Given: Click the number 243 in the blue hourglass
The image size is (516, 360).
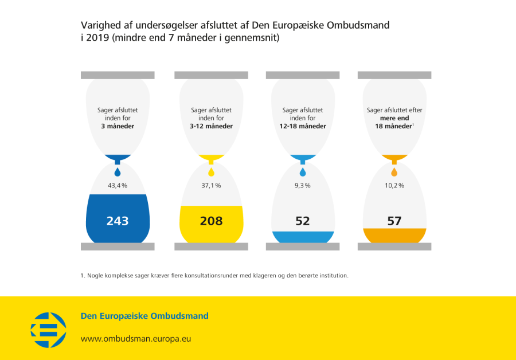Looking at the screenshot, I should pos(118,221).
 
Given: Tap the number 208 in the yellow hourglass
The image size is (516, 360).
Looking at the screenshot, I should pos(211,221).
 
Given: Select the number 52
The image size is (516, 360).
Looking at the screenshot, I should pos(303,221).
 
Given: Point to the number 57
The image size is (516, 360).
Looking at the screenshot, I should pos(394,221).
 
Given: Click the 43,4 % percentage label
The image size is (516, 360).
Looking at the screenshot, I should pos(118,186).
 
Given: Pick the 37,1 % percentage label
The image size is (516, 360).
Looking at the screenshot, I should pos(211,186).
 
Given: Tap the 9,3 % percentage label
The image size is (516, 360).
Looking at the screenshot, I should pos(303,186).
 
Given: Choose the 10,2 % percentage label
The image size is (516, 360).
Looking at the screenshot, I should pos(394,186).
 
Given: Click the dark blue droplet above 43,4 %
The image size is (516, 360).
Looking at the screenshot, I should pos(118,171).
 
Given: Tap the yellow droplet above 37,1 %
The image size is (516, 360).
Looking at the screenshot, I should pos(211,171).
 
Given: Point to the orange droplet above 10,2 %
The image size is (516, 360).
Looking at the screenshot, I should pos(394,171).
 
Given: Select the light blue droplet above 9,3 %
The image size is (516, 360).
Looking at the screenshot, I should pos(303,171).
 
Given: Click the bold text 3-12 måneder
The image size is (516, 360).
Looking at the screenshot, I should pos(211,126).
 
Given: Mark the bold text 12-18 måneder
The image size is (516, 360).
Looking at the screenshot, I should pos(303,126).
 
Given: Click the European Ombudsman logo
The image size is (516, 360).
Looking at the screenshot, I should pos(48,330).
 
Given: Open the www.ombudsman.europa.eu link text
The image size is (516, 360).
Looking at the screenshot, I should pos(136,338).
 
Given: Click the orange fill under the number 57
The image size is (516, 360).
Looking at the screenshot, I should pos(394,236).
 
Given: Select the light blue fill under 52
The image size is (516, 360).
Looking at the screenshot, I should pos(303,237).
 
